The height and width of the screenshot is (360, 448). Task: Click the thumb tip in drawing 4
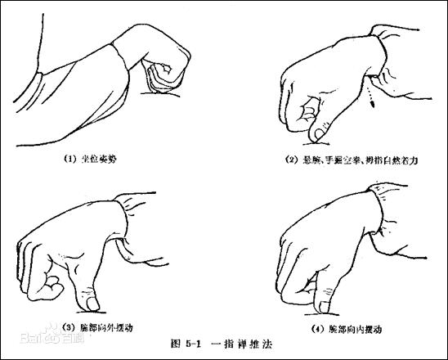(326, 307)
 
